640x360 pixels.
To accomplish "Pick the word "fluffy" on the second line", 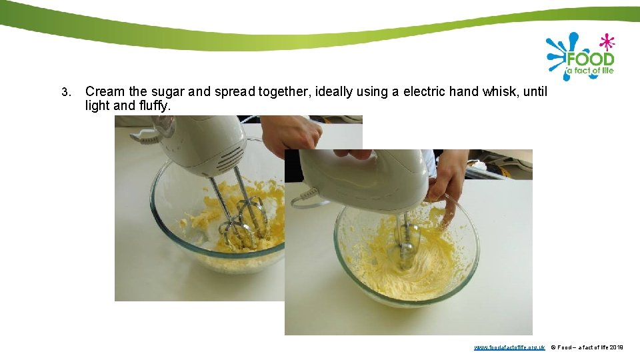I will point(155,106).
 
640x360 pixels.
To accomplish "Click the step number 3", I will point(65,92).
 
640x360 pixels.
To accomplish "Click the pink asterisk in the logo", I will point(606,42).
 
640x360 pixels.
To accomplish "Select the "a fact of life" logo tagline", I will point(590,70).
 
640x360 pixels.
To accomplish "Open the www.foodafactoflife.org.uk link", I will point(509,347).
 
